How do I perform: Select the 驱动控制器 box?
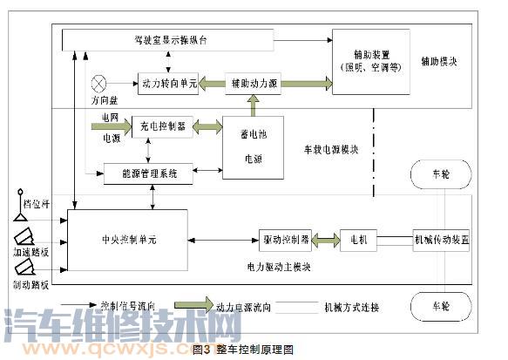[286, 238]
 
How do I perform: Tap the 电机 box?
[358, 238]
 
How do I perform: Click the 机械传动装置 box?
[441, 238]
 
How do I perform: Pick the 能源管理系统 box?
[140, 173]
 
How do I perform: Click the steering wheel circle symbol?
[99, 84]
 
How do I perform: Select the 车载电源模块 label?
[330, 150]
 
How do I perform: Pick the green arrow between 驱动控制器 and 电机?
[326, 238]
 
